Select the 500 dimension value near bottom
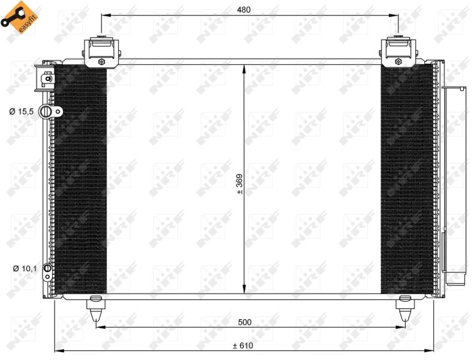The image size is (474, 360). point(244,322)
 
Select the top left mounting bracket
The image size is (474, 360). point(101,52)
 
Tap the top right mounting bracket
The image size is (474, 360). point(397,52)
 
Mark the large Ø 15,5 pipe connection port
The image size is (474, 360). point(46,112)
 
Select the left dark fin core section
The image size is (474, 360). point(80,180)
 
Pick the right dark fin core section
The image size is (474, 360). point(407,180)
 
